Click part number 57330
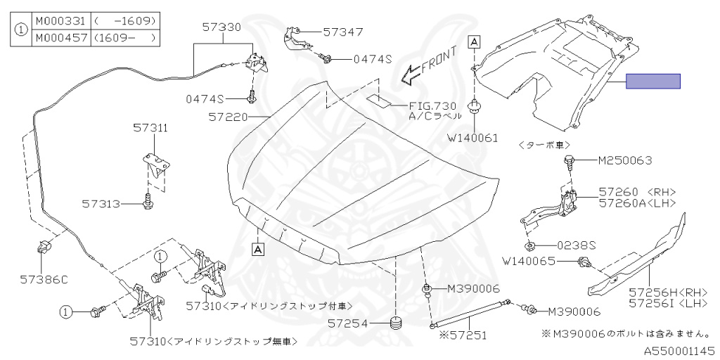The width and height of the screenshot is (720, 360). [221, 28]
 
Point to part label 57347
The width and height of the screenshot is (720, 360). [343, 32]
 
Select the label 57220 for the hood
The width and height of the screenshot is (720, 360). [228, 117]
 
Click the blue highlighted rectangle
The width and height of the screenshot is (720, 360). [653, 82]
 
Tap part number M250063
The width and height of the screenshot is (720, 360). [625, 160]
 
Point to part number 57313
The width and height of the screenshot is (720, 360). [102, 204]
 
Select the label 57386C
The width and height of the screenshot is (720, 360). [44, 279]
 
